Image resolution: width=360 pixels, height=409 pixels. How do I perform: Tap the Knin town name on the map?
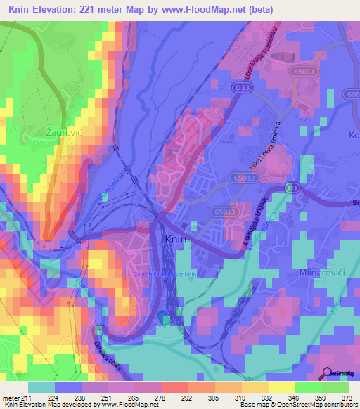click(x=176, y=240)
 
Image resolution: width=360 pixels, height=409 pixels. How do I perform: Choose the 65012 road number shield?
click(x=243, y=180)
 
